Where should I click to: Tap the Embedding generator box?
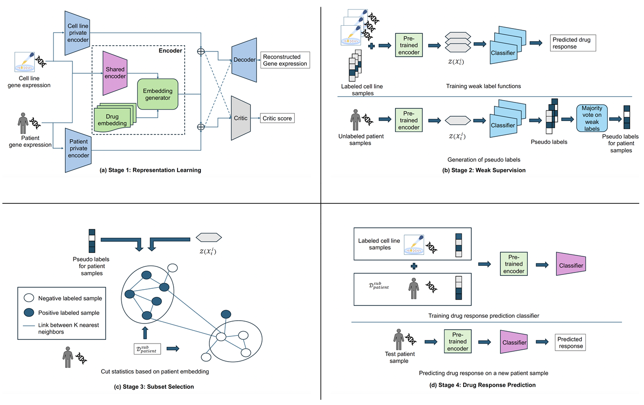157,94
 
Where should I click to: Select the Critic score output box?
277,118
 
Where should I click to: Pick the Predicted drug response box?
573,43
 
